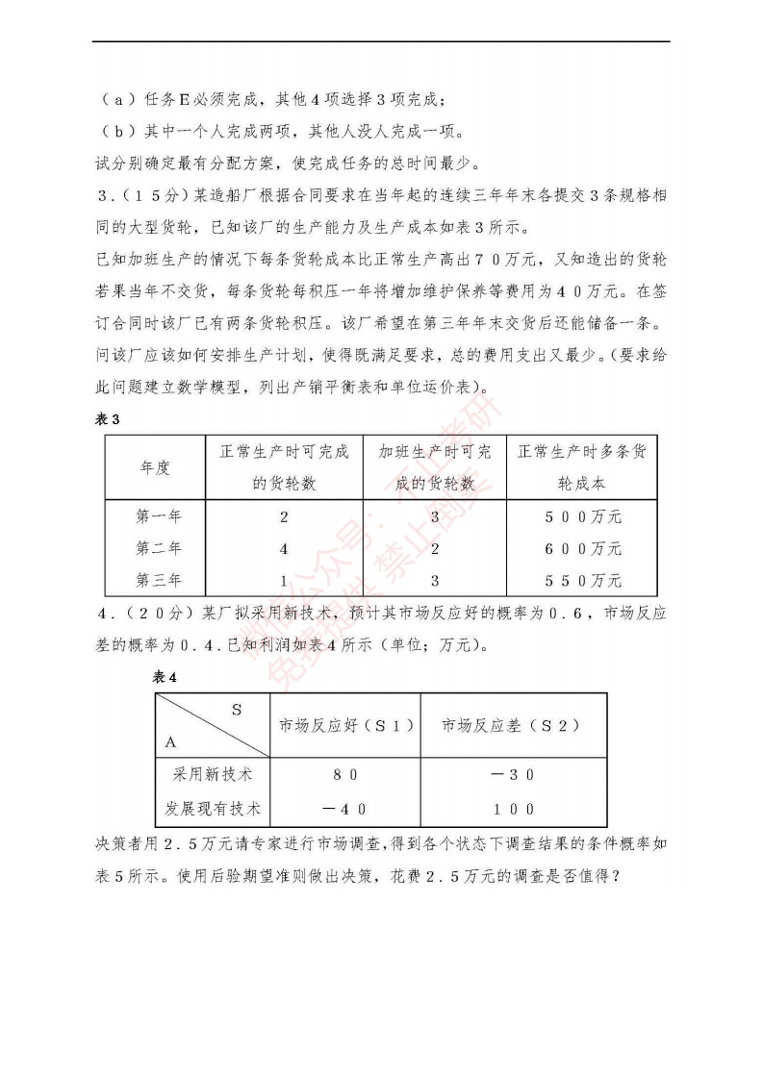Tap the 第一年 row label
coord(158,517)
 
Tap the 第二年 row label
coord(158,549)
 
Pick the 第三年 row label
coord(158,581)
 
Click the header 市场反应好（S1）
coord(346,725)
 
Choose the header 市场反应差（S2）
coord(510,725)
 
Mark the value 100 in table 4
coord(511,809)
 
